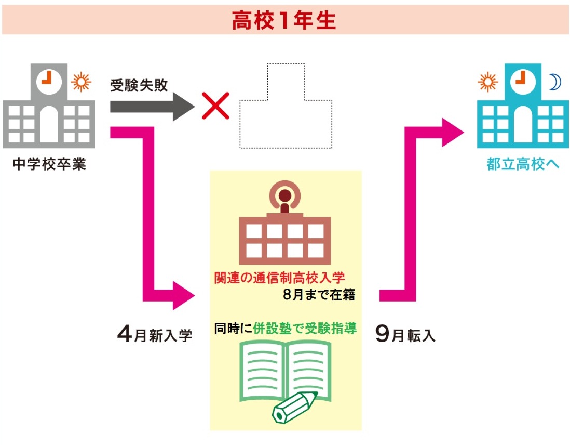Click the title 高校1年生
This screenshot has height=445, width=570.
pos(284,20)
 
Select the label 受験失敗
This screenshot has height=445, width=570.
pos(139,86)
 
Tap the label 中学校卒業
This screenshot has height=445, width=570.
pos(49,165)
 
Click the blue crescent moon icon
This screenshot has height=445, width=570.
pos(555,82)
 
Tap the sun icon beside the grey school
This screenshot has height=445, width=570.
pos(81,82)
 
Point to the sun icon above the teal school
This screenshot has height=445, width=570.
pos(488,82)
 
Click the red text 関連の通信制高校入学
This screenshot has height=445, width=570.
pos(279,278)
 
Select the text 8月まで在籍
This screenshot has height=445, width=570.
pos(319,295)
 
